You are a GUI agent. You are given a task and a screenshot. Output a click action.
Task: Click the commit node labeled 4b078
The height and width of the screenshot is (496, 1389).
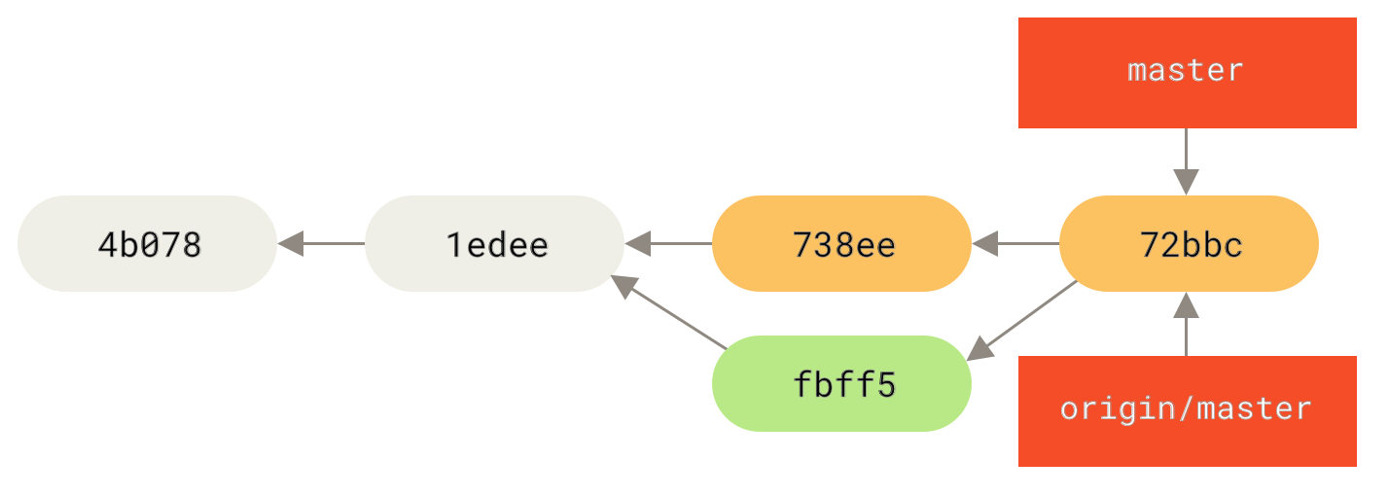(147, 243)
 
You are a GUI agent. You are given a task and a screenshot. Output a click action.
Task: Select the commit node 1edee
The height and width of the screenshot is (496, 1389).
(494, 243)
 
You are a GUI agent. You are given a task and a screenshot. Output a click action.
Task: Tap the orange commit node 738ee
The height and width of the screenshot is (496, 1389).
(841, 243)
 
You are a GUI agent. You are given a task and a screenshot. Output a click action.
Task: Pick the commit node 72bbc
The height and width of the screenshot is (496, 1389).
(1189, 243)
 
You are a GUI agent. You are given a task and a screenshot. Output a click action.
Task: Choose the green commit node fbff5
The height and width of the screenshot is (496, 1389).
(841, 383)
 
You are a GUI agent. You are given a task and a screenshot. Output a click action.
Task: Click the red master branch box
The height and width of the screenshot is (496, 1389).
(1187, 72)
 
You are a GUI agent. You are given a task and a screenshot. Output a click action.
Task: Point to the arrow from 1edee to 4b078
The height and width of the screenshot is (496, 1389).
(321, 243)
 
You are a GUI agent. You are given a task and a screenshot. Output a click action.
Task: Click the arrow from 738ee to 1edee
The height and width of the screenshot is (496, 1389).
(668, 243)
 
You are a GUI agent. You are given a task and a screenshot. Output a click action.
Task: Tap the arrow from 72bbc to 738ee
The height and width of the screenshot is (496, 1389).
(1015, 243)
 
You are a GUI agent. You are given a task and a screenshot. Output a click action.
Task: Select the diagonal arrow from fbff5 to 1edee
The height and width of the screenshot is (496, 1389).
(669, 312)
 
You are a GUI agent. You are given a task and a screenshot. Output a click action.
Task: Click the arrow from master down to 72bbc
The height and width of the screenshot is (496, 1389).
(1186, 161)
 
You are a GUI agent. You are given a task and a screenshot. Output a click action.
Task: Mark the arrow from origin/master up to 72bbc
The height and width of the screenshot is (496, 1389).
(1186, 325)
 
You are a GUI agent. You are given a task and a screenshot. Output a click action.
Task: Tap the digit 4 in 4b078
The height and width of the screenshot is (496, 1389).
(107, 244)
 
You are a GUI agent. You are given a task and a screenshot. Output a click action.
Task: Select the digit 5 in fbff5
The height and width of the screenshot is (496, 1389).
(884, 384)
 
